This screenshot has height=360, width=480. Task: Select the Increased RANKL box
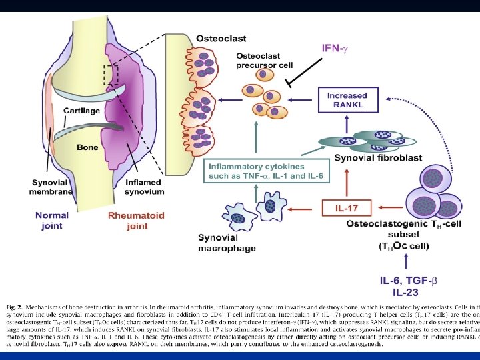pyautogui.click(x=347, y=101)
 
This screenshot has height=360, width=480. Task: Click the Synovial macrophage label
pyautogui.click(x=227, y=243)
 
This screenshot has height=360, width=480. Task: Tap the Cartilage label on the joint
pyautogui.click(x=81, y=111)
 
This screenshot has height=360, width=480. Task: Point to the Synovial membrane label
pyautogui.click(x=52, y=187)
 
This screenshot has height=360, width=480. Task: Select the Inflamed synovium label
pyautogui.click(x=144, y=187)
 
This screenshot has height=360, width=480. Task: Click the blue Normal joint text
pyautogui.click(x=51, y=221)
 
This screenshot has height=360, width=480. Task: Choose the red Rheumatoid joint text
pyautogui.click(x=137, y=221)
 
